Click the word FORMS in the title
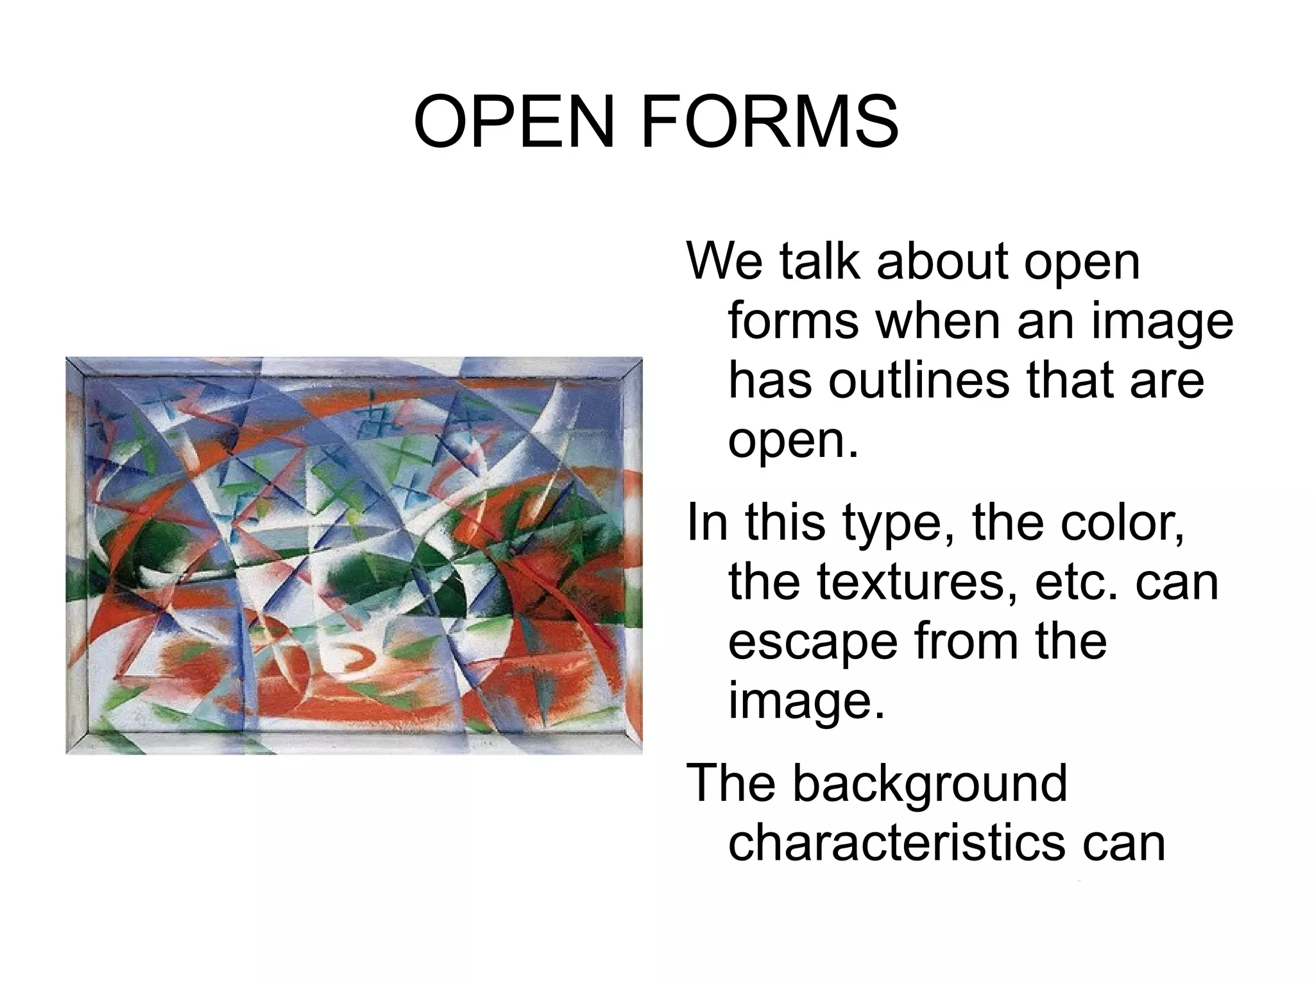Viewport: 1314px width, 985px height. [x=769, y=122]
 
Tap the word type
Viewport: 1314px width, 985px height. [x=898, y=523]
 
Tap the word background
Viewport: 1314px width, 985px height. [x=930, y=784]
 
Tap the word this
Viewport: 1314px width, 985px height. [x=785, y=523]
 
